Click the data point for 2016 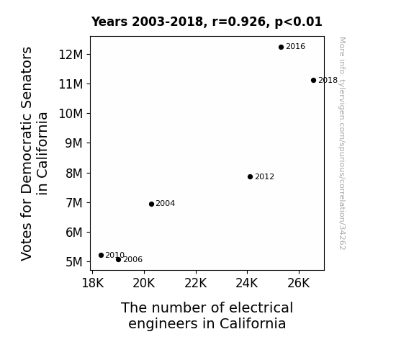coord(281,47)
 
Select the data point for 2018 coord(313,81)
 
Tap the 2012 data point coord(250,176)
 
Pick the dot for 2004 coord(151,204)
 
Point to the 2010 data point coord(101,255)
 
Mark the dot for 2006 coord(118,260)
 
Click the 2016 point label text coord(295,47)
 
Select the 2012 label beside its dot coord(264,176)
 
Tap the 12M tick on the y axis coord(71,55)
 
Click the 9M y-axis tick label coord(74,143)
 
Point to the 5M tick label coord(74,262)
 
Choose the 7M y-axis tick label coord(74,203)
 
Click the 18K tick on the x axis coord(93,283)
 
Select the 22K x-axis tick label coord(196,283)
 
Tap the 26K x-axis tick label coord(298,283)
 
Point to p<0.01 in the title coord(298,22)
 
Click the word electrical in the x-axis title coord(261,307)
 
